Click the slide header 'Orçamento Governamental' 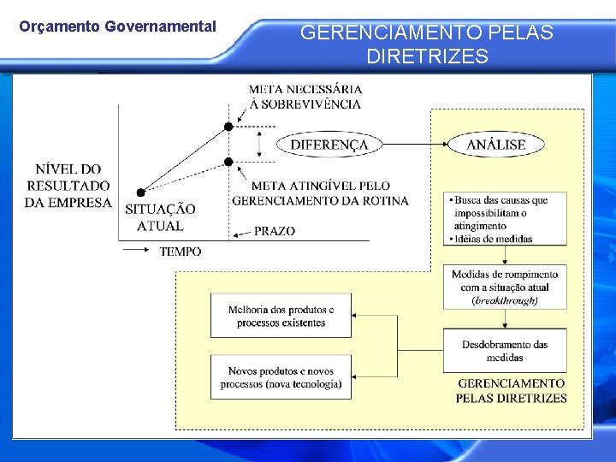pos(117,27)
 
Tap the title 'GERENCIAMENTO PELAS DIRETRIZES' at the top pos(427,45)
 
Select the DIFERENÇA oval pos(329,145)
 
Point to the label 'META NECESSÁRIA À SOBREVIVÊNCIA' pos(305,96)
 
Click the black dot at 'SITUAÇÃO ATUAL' pos(141,192)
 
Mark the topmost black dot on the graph pos(228,127)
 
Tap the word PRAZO pos(275,231)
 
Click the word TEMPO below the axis pos(181,252)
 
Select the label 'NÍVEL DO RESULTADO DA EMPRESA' pos(68,186)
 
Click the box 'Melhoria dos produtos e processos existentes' pos(281,316)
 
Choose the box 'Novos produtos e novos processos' pos(281,377)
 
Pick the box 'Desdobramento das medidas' pos(505,351)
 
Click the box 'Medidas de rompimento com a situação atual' pos(505,287)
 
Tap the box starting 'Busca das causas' pos(505,219)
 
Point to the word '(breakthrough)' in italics pos(505,300)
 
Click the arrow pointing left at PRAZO pos(240,232)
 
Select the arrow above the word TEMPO pos(137,250)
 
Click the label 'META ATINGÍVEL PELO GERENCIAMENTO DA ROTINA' pos(320,192)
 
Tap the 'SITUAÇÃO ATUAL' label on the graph pos(160,217)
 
